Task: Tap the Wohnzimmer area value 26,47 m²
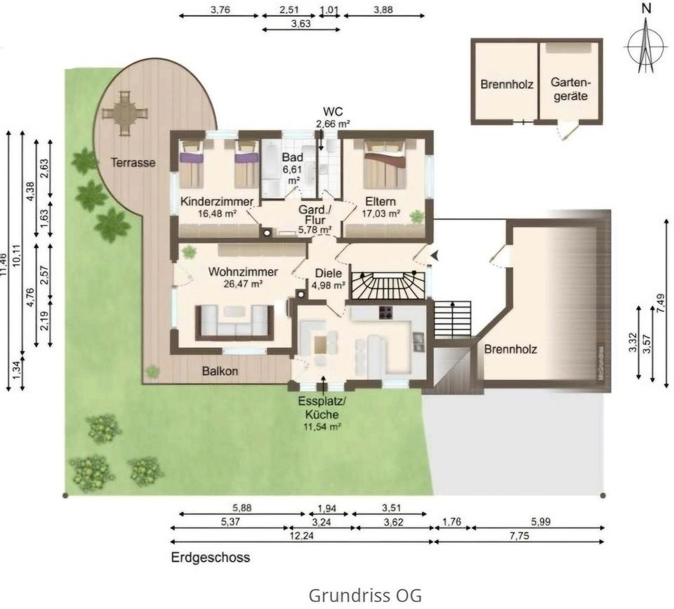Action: click(x=243, y=284)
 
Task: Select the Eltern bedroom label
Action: click(x=382, y=200)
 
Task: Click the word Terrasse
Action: click(x=133, y=163)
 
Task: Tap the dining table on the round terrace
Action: click(x=124, y=112)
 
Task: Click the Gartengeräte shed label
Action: click(x=569, y=89)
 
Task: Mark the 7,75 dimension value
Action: click(x=519, y=535)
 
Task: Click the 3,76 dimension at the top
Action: click(x=219, y=10)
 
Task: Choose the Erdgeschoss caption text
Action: click(x=211, y=558)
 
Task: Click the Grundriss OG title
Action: click(x=365, y=596)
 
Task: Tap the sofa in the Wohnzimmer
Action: click(x=234, y=322)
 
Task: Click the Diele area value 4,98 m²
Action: click(x=328, y=284)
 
